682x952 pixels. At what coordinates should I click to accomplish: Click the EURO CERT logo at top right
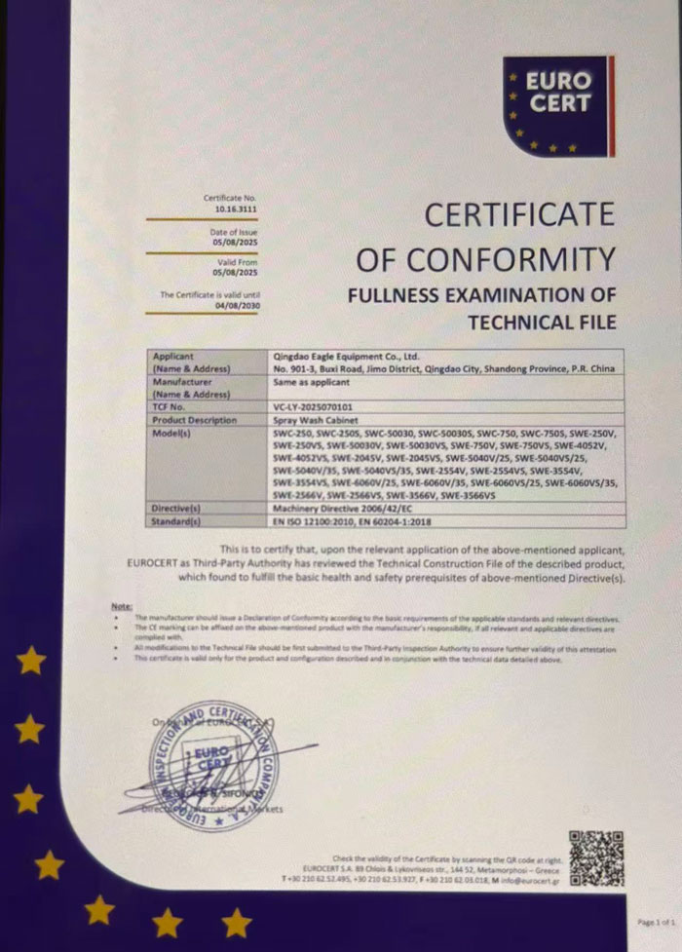[556, 104]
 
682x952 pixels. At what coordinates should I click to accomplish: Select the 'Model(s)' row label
[174, 431]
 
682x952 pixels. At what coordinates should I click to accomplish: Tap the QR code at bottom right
[596, 858]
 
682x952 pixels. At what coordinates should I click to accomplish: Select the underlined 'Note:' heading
[122, 606]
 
